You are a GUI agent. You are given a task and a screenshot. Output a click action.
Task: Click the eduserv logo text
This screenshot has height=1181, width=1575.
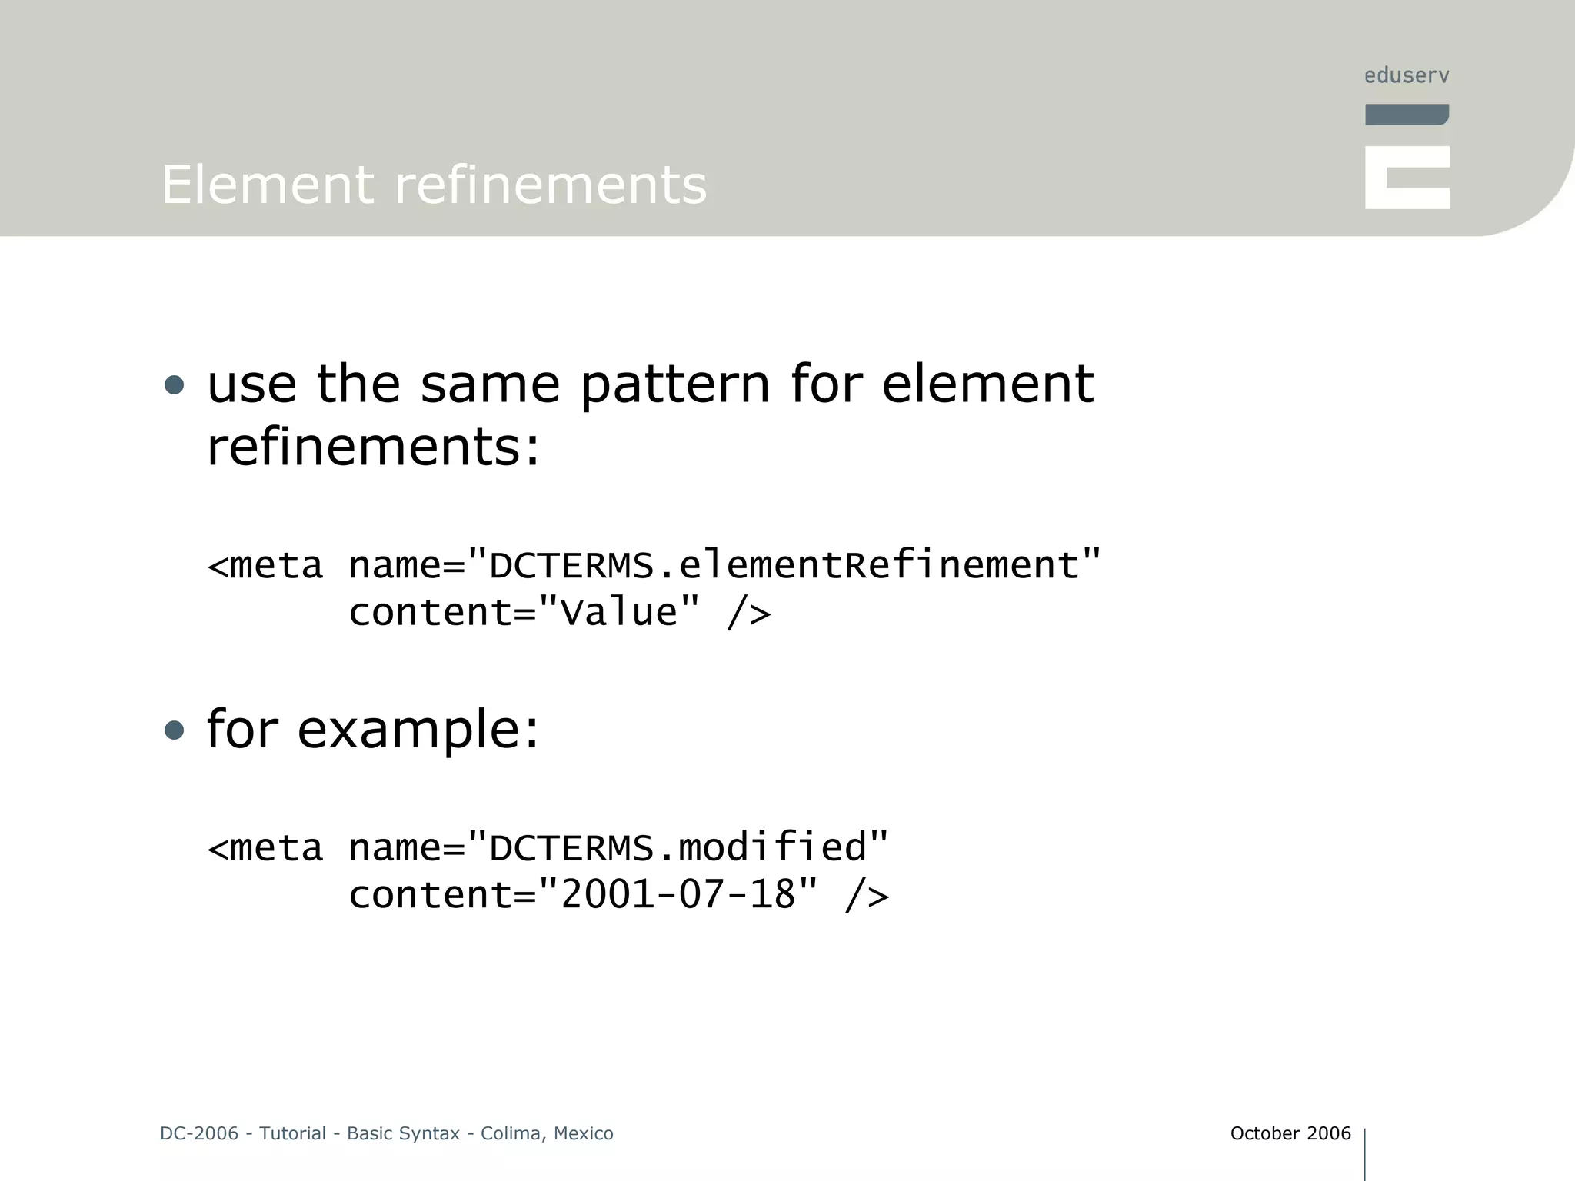tap(1407, 75)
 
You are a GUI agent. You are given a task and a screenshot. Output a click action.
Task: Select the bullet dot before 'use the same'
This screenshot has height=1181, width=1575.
tap(175, 384)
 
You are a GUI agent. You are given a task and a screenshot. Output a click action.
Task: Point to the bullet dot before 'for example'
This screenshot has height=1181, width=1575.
tap(175, 730)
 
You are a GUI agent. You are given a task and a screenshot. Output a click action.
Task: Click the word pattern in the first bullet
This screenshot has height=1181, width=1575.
tap(674, 384)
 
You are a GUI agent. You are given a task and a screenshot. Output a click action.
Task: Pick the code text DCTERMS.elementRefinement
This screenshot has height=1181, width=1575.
tap(784, 565)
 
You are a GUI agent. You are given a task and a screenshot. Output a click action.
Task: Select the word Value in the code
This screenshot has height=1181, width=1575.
tap(619, 613)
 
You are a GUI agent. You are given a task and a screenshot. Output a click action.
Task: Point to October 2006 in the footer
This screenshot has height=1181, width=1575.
tap(1290, 1133)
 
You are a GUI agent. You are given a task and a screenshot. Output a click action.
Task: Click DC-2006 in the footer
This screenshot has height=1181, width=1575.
tap(199, 1133)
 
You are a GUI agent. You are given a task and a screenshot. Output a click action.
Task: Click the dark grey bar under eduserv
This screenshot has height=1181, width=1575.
tap(1407, 115)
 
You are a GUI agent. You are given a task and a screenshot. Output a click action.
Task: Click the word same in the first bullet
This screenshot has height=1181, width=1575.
tap(490, 384)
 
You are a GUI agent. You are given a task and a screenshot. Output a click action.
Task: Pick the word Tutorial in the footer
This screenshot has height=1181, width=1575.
tap(292, 1133)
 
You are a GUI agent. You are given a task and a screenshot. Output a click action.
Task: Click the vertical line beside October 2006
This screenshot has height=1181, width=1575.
tap(1364, 1153)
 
